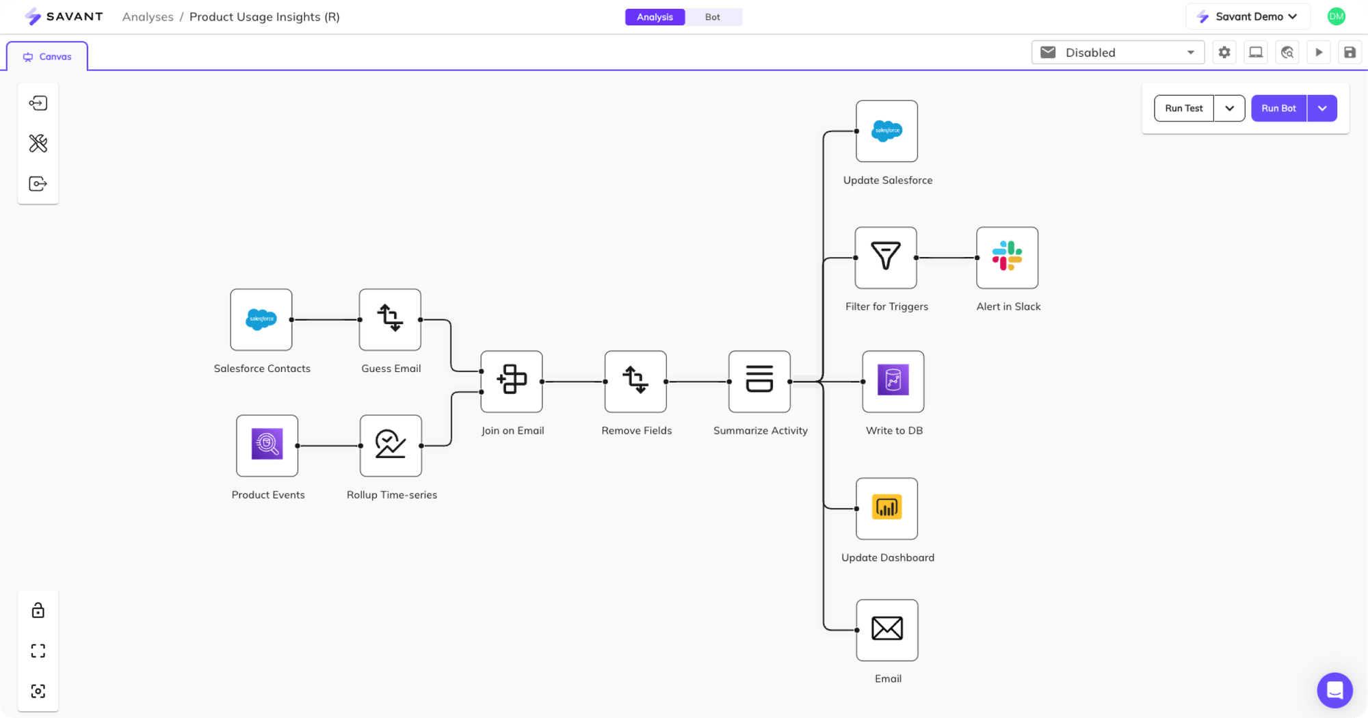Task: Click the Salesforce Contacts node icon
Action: (261, 319)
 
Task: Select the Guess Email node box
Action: (390, 319)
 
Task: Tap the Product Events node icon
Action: (267, 445)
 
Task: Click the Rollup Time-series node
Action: (391, 445)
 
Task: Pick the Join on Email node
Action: (512, 381)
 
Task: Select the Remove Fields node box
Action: (635, 381)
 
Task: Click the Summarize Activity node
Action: (759, 381)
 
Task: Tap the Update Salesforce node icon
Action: (886, 131)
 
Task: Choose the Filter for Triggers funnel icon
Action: (886, 257)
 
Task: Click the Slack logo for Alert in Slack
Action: (1007, 257)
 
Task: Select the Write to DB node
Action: (893, 381)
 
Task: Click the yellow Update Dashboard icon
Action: (886, 508)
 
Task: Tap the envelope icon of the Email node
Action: (887, 629)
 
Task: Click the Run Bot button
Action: (1278, 108)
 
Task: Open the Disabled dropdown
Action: (1118, 53)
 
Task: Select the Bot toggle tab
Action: (712, 17)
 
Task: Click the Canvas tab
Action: (47, 57)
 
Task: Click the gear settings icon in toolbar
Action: (1224, 53)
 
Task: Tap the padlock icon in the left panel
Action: (38, 610)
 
